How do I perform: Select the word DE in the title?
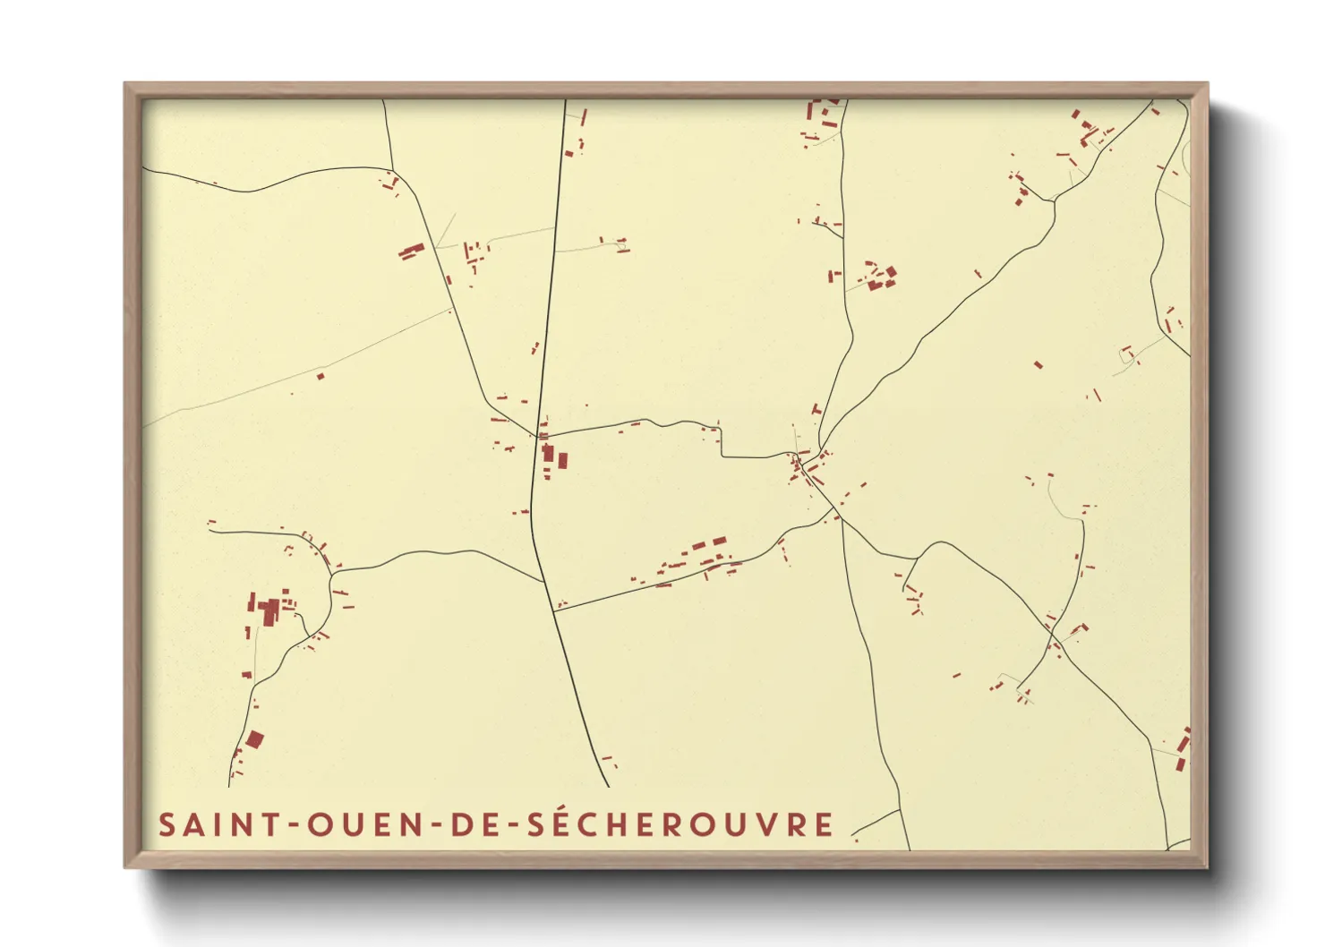click(473, 824)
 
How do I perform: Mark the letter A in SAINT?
click(192, 824)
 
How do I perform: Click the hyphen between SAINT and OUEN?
click(291, 825)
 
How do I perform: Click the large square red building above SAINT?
click(255, 739)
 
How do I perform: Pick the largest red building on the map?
click(269, 612)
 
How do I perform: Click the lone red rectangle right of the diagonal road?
click(1039, 364)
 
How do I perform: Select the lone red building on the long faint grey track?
click(321, 376)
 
